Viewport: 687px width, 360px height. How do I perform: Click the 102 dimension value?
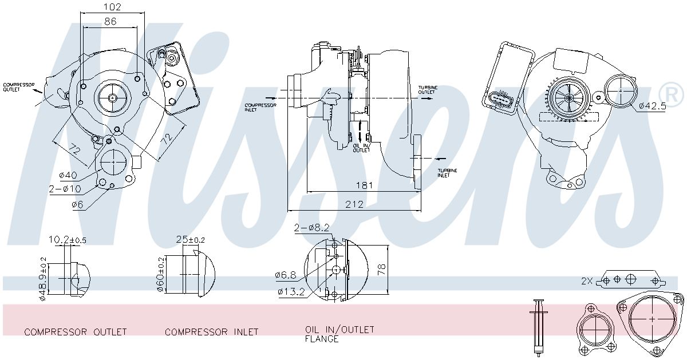[113, 6]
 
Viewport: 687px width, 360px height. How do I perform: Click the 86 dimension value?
[110, 21]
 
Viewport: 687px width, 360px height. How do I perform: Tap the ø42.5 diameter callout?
[653, 106]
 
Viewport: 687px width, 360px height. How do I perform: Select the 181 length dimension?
[364, 185]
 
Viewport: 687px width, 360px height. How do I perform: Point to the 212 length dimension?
[354, 204]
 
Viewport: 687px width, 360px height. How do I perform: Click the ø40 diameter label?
[68, 175]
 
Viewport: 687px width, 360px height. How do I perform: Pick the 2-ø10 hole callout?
[65, 189]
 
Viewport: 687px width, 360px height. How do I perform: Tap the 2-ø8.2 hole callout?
[311, 228]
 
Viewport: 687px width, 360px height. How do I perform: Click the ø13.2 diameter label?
[291, 291]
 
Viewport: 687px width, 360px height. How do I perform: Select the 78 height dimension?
[381, 270]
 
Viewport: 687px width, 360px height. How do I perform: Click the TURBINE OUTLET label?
[428, 90]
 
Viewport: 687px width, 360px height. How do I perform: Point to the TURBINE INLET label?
[447, 173]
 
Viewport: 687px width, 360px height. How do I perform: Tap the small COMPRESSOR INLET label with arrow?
[260, 108]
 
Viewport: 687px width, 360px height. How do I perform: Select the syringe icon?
[538, 327]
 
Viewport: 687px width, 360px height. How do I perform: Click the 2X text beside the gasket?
[587, 280]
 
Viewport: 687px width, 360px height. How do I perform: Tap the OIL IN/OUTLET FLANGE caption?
[339, 334]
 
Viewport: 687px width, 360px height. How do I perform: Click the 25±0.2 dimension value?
[191, 239]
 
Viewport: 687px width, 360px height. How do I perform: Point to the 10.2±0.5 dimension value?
[68, 239]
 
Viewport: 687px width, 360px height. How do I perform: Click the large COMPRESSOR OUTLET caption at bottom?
[76, 332]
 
